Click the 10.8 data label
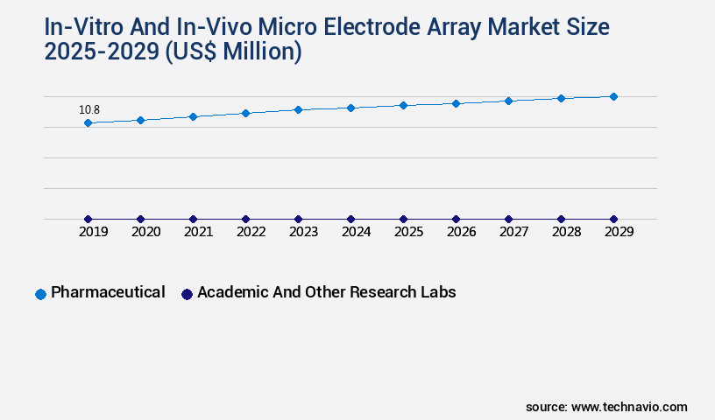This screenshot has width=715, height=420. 89,110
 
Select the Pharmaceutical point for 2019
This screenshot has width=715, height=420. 88,123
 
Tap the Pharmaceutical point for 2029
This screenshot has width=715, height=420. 613,96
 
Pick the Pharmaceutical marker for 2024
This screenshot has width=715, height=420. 350,108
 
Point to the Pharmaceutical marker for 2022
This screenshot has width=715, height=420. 245,113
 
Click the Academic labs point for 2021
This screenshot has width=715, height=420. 193,219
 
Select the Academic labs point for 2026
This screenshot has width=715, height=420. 456,219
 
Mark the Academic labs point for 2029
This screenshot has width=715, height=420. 613,219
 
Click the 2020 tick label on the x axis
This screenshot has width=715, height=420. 145,232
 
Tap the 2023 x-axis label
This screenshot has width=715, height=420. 303,232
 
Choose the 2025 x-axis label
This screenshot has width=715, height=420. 408,232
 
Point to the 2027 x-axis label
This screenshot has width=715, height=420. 513,232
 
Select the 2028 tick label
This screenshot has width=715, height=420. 566,232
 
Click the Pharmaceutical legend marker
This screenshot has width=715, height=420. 40,294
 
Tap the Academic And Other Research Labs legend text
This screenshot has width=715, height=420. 326,292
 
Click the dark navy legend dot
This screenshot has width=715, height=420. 187,294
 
